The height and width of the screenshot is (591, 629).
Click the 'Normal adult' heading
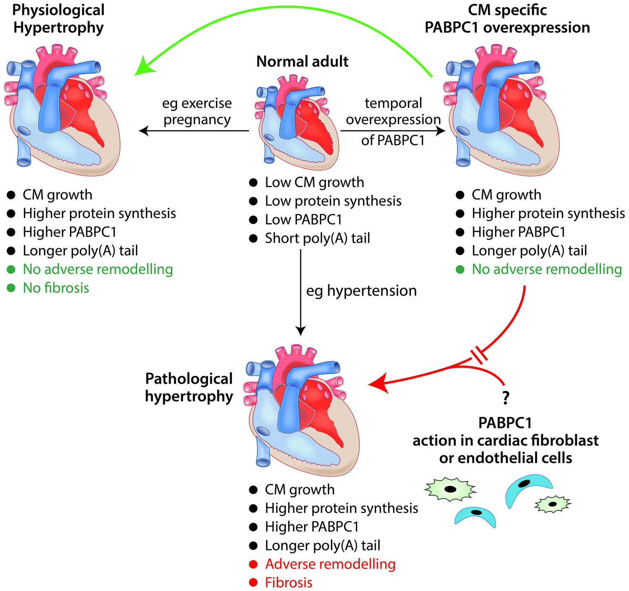(302, 61)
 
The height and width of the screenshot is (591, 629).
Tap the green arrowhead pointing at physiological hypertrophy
(144, 66)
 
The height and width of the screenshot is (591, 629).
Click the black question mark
(506, 398)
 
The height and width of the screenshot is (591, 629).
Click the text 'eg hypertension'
(361, 291)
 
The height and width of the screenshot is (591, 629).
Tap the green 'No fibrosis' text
(56, 288)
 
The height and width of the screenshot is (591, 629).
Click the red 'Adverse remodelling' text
(330, 564)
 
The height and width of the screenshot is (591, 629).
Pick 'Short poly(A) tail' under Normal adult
(317, 238)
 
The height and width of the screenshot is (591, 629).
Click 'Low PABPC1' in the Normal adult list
(304, 219)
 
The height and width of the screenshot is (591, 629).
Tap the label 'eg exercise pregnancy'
(197, 112)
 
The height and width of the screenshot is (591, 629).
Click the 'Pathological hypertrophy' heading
(189, 388)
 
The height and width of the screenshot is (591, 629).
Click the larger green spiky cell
(450, 489)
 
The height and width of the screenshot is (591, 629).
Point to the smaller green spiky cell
(553, 504)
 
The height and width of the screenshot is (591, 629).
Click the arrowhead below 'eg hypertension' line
(300, 331)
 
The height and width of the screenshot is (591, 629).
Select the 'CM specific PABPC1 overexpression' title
(507, 19)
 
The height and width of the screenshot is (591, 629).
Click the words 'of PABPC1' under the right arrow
(393, 140)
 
